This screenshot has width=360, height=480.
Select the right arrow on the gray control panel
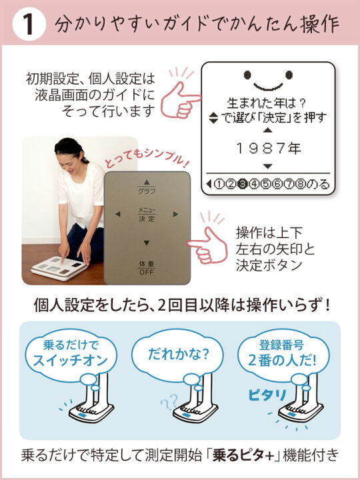pos(176,215)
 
